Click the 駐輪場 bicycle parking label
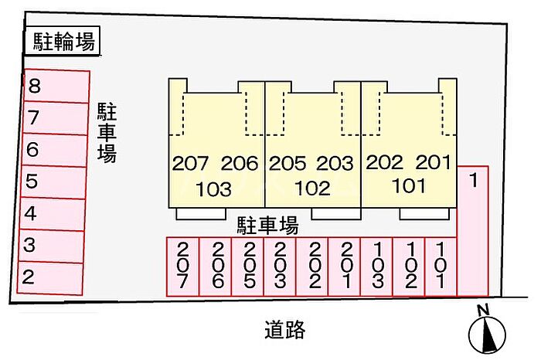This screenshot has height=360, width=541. coord(63,41)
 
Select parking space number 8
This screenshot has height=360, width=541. coord(56,87)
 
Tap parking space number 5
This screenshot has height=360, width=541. coord(53,182)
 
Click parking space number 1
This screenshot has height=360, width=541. coord(472,231)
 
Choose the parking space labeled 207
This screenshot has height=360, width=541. coord(182,267)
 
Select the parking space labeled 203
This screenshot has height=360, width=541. coord(280,267)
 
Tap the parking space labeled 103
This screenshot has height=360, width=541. coord(377,267)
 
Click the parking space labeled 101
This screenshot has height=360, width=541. coord(441,267)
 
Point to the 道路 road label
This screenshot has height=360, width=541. coord(285,329)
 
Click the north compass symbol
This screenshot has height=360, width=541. coord(487,331)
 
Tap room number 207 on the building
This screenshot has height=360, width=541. coord(190,163)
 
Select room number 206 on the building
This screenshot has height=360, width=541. coord(240,163)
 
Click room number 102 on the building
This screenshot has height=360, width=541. coord(312,188)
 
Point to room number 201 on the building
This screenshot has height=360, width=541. coord(434,162)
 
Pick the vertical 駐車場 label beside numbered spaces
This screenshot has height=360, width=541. coord(107,132)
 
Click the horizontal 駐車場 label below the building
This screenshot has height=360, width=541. coord(267,226)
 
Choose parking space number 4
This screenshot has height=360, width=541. coord(52,214)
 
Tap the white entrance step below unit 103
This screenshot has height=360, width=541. coord(201,214)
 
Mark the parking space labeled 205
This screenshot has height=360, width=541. coord(247,267)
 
